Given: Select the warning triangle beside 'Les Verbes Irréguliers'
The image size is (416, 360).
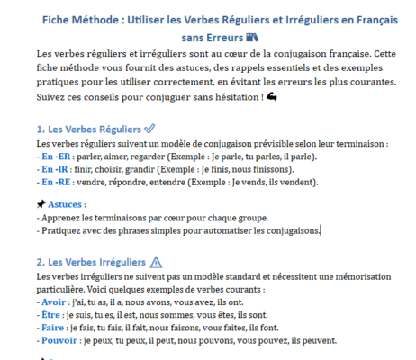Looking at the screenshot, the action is click(159, 262).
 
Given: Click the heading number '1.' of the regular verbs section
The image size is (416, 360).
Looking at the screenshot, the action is click(41, 130).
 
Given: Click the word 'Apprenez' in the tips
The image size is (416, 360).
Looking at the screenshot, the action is click(64, 217).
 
